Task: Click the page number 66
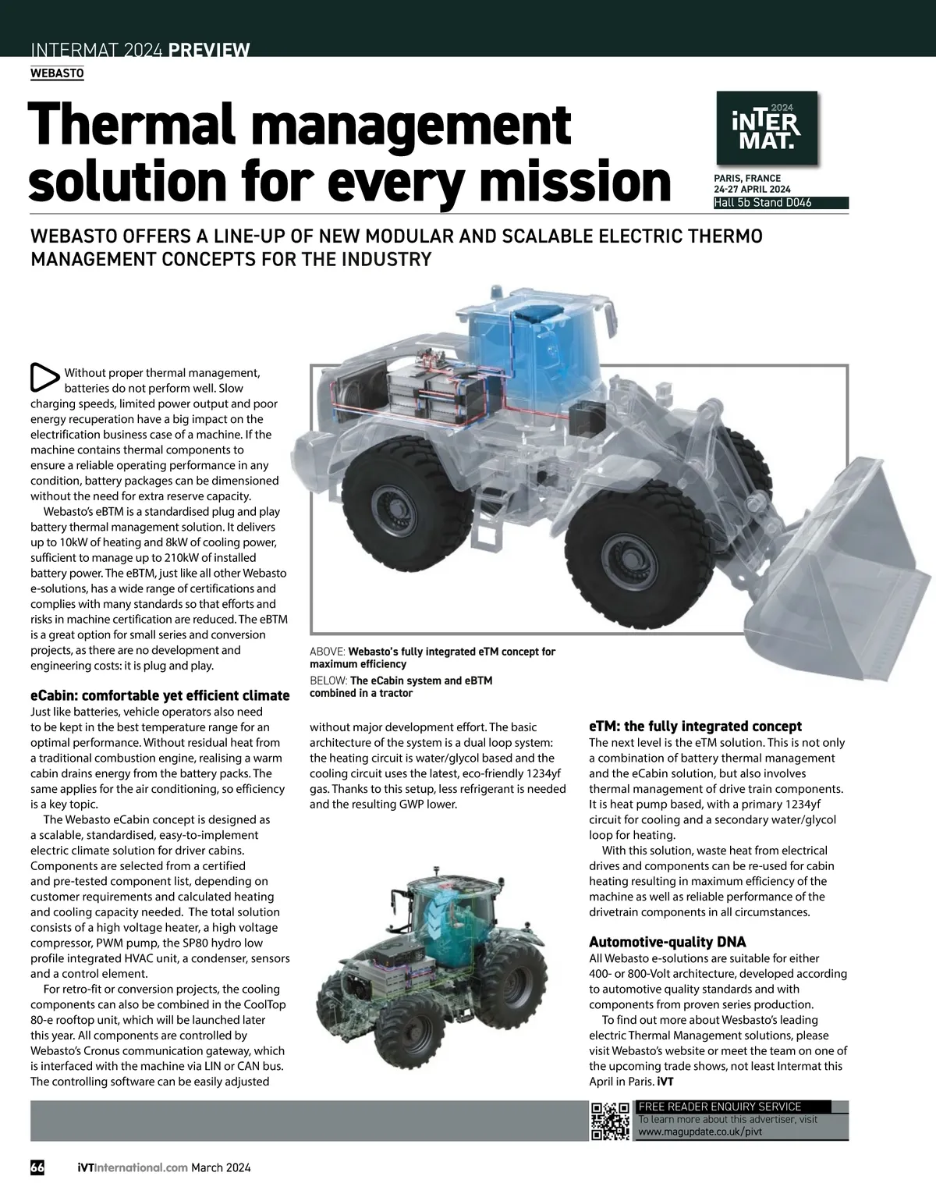37,1167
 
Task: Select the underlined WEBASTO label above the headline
56,73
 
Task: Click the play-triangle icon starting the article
44,377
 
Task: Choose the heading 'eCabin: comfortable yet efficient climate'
160,695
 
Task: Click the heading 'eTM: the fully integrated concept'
695,726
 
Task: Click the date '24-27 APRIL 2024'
752,190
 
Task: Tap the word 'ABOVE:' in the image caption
328,652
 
